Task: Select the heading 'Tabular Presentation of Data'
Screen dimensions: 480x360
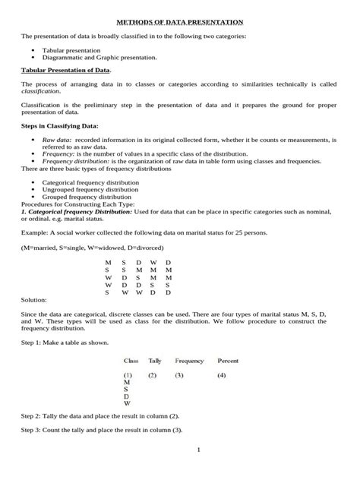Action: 65,70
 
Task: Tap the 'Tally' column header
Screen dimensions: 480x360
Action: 155,361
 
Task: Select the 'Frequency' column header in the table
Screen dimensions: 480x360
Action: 189,361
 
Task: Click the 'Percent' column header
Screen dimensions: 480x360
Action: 228,361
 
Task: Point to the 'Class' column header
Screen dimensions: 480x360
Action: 131,361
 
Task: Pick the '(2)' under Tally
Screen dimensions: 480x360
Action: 153,375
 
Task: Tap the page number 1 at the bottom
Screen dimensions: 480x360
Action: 197,450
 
